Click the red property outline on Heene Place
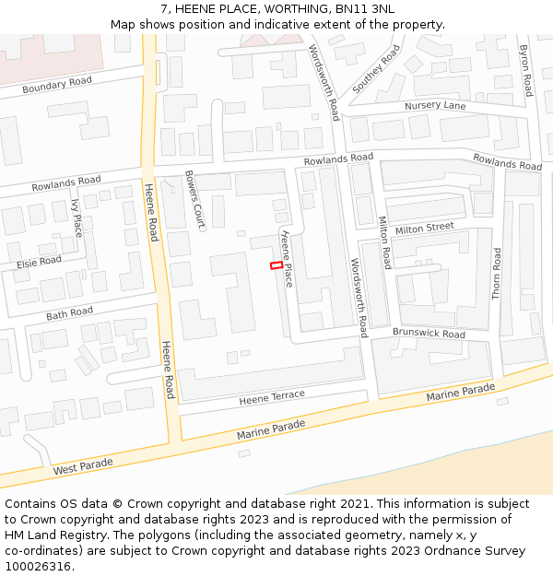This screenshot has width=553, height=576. [x=276, y=265]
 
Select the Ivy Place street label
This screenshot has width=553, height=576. [x=76, y=217]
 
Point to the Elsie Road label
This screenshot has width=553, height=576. [x=39, y=263]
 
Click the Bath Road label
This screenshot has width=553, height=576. [x=69, y=314]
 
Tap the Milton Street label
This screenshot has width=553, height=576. [x=424, y=227]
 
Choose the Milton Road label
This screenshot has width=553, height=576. [x=385, y=242]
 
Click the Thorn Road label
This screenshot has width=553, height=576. [x=497, y=273]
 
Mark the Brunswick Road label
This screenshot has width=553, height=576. [x=429, y=334]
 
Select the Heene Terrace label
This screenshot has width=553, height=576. [x=272, y=397]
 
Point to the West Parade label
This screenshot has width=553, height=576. [x=83, y=465]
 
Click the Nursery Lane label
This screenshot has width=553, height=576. [x=435, y=106]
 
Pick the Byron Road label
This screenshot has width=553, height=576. [x=525, y=70]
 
